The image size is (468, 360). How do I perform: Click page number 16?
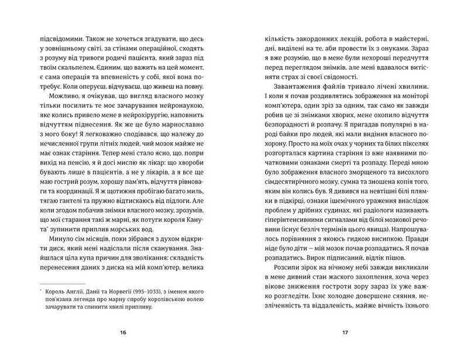122,333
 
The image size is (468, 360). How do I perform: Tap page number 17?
345,333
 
